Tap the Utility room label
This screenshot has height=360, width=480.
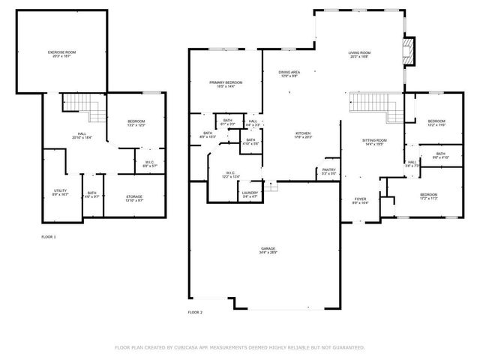61,190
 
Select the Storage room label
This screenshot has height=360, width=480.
134,196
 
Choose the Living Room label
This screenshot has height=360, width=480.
359,52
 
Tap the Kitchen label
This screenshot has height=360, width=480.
303,133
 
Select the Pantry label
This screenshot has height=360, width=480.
328,169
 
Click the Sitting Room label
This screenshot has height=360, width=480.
373,140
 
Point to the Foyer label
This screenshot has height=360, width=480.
360,199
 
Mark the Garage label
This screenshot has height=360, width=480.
268,248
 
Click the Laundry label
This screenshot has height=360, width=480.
250,193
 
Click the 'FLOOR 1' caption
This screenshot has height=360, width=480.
48,236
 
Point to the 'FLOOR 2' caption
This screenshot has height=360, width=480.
195,311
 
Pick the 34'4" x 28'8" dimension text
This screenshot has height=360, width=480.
268,252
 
